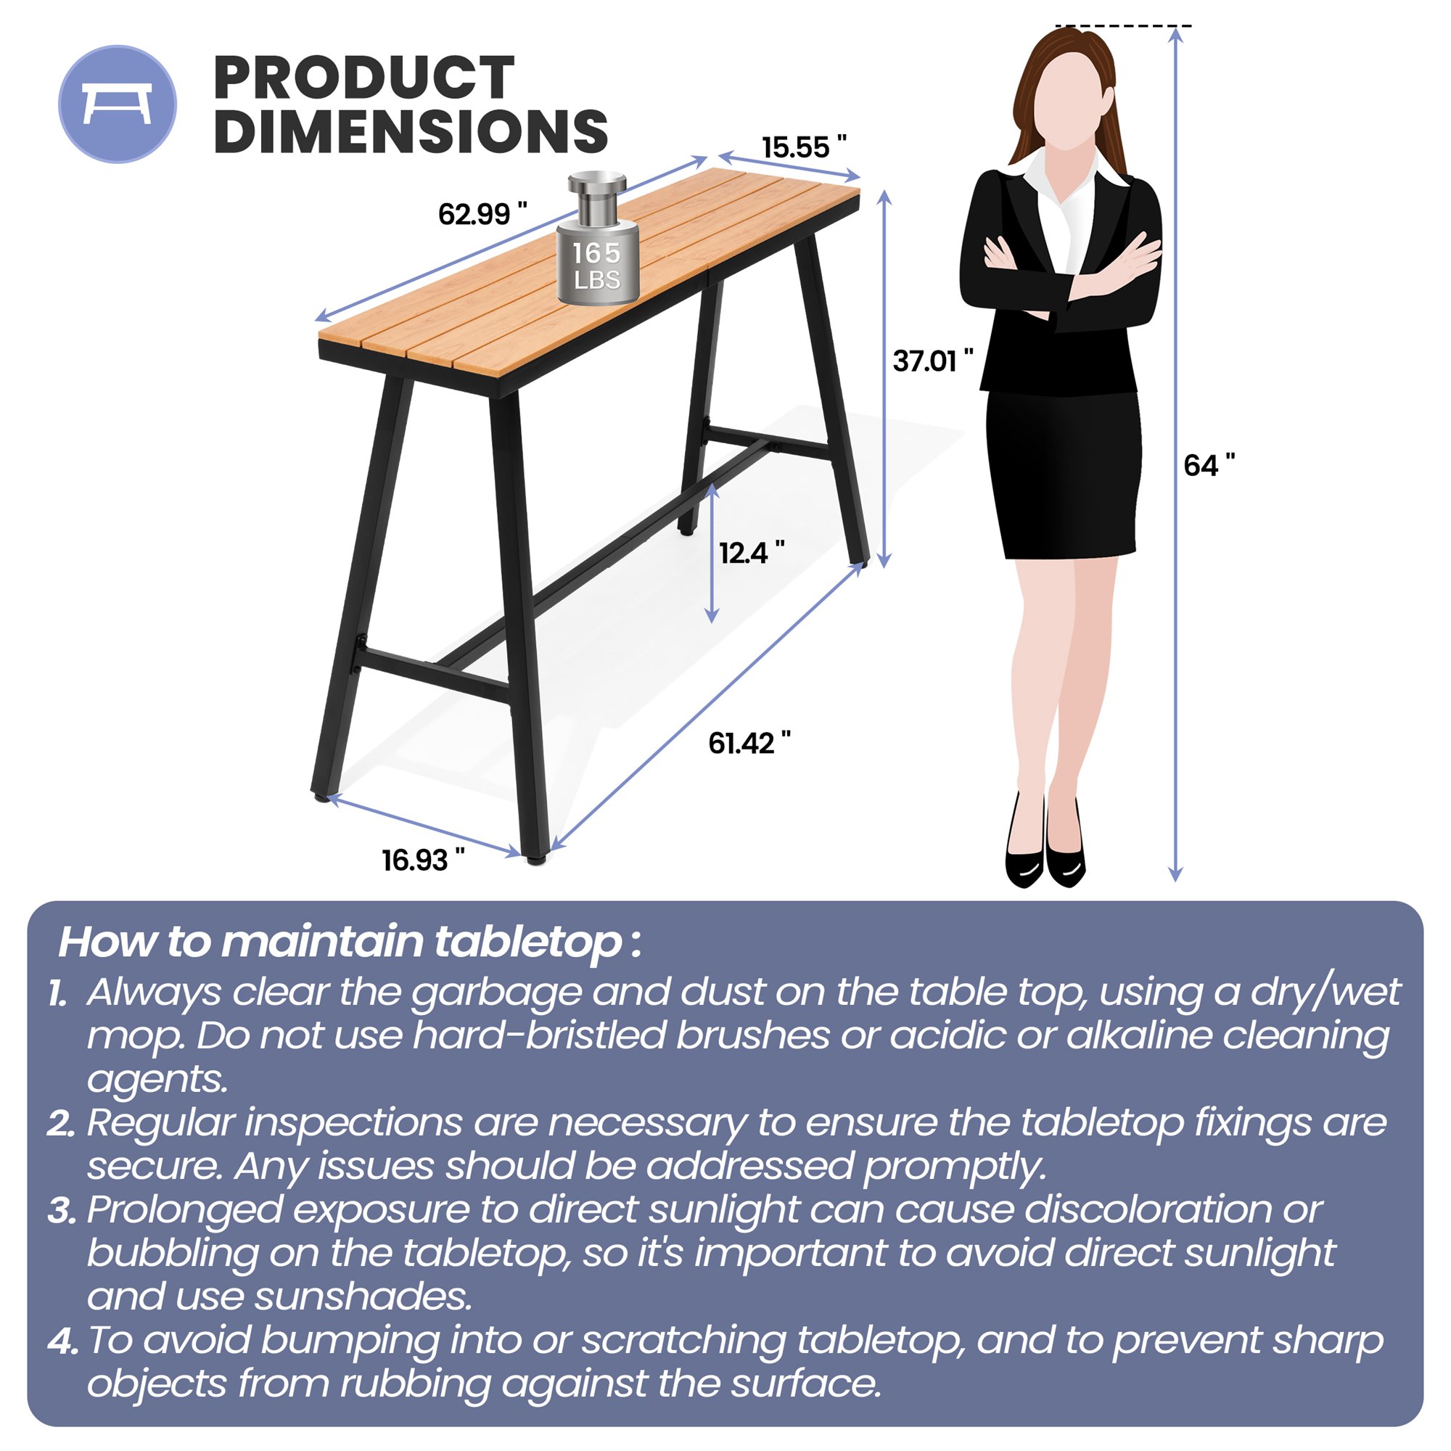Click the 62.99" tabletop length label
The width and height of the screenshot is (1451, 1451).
[482, 215]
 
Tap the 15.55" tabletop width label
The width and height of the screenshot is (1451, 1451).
[804, 147]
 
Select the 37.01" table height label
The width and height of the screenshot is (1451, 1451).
[932, 361]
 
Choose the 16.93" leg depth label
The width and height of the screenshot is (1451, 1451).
[423, 860]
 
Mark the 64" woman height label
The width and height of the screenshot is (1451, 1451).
[1209, 466]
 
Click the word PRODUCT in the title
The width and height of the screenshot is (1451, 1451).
[363, 78]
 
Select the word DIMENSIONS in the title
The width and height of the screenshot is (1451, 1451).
[410, 131]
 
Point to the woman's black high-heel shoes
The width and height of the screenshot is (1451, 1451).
[1045, 863]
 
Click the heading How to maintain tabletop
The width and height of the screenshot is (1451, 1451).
[349, 942]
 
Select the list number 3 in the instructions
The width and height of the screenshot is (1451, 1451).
[62, 1212]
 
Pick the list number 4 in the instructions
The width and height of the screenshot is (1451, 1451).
[62, 1342]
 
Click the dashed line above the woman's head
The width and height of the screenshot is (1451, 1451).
[1122, 26]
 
